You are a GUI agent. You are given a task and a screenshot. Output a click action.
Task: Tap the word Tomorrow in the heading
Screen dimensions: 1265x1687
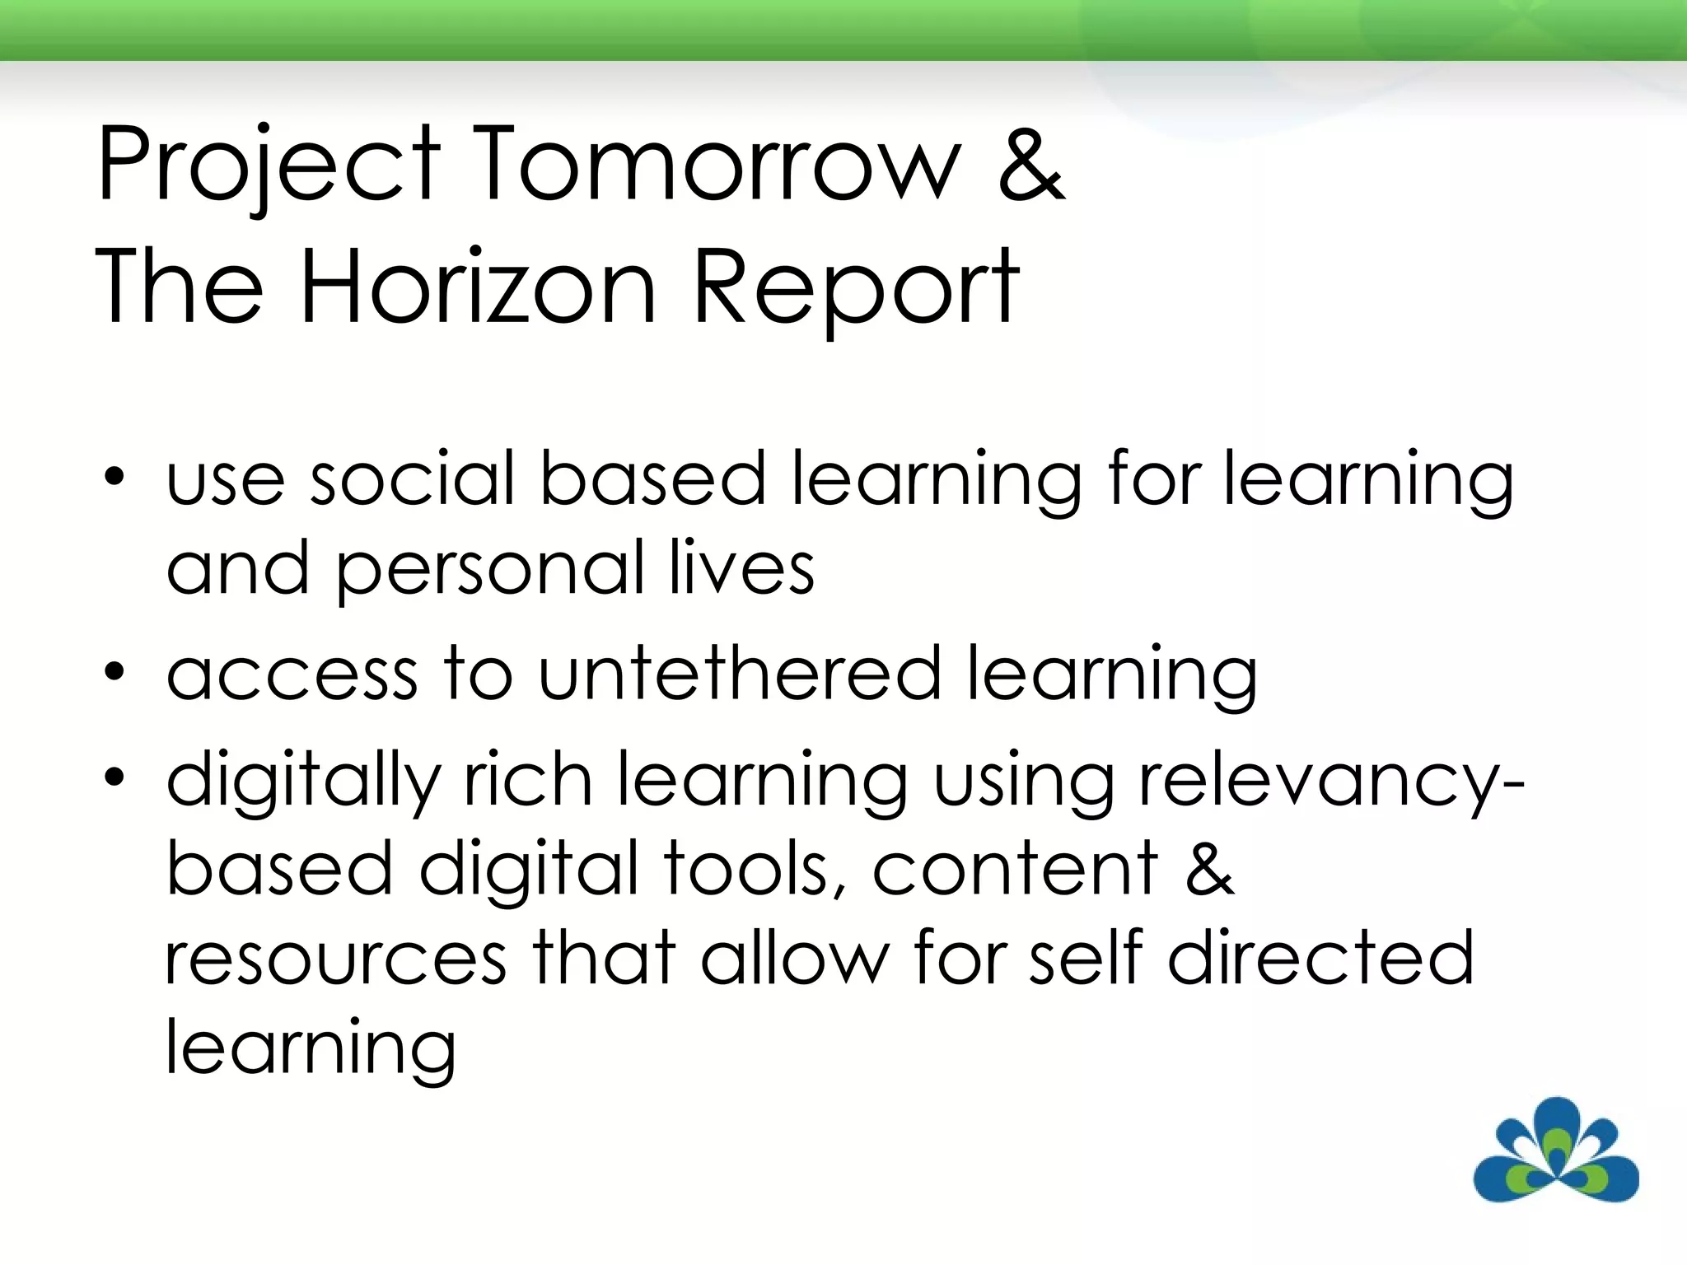coord(717,165)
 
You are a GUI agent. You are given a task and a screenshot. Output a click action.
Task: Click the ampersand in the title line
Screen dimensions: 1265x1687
coord(1031,165)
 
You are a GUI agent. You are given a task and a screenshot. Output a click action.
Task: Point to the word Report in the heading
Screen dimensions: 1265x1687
coord(857,287)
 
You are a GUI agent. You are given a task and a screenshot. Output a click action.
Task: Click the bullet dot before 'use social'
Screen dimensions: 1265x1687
coord(114,478)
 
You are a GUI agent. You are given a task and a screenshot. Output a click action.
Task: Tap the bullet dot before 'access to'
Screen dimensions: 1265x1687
coord(114,673)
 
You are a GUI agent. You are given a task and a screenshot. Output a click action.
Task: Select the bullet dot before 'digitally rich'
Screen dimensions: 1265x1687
coord(114,777)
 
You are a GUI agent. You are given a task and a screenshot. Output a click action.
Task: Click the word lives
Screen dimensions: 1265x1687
coord(741,568)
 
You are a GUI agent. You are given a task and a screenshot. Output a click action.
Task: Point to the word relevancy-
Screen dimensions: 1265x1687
coord(1331,782)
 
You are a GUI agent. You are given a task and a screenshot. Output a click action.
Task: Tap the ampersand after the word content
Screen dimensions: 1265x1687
coord(1210,869)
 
